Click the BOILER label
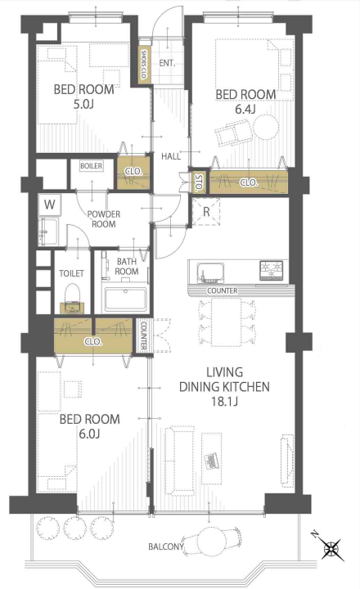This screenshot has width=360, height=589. [x=92, y=165]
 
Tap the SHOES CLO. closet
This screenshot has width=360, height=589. [x=143, y=65]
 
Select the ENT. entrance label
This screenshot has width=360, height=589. [x=167, y=63]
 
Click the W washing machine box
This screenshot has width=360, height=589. [x=49, y=205]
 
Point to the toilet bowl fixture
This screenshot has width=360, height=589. [x=73, y=298]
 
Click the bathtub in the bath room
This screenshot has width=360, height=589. [x=125, y=299]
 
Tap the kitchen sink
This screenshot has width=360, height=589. [x=210, y=272]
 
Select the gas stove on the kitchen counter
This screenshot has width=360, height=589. [x=271, y=270]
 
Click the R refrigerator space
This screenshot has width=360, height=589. [x=206, y=212]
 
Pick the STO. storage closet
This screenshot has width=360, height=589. [x=199, y=182]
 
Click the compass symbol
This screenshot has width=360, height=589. [x=331, y=548]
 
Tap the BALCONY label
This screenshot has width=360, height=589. [x=166, y=546]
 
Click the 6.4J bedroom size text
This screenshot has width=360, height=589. [x=245, y=110]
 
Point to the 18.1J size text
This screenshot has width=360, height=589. [x=224, y=401]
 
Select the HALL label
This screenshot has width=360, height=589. [x=171, y=156]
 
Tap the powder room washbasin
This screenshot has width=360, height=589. [x=47, y=231]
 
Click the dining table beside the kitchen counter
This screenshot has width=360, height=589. [x=226, y=322]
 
